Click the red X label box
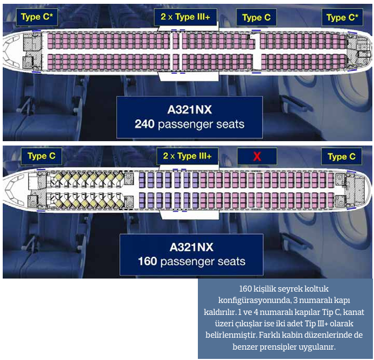click(x=257, y=156)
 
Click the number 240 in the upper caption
click(x=145, y=124)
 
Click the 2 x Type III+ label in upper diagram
click(x=185, y=17)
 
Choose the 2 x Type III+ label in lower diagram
click(x=187, y=156)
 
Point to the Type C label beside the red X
click(x=341, y=156)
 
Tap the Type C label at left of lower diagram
click(x=41, y=156)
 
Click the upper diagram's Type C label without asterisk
click(x=256, y=17)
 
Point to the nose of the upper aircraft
click(x=7, y=50)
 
